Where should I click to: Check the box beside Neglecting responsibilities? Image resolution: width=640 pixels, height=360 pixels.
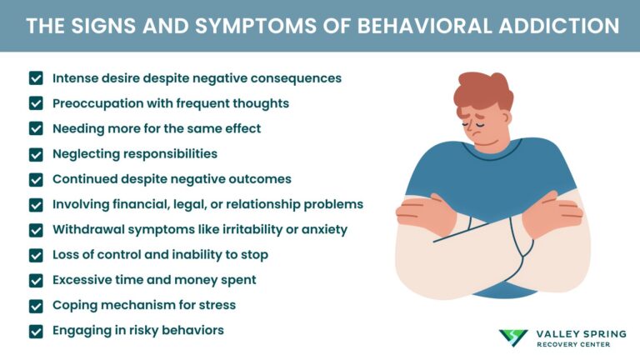pos(36,154)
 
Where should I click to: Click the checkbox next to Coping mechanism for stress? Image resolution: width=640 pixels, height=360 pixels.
pos(36,305)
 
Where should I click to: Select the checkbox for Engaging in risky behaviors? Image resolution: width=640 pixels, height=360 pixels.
pos(36,331)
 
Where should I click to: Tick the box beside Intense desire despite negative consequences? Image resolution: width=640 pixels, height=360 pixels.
pos(36,78)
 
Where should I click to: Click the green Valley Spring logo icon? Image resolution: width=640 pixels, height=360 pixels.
pos(513,337)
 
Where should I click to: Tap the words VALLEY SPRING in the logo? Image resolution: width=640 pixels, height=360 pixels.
pos(576,333)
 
